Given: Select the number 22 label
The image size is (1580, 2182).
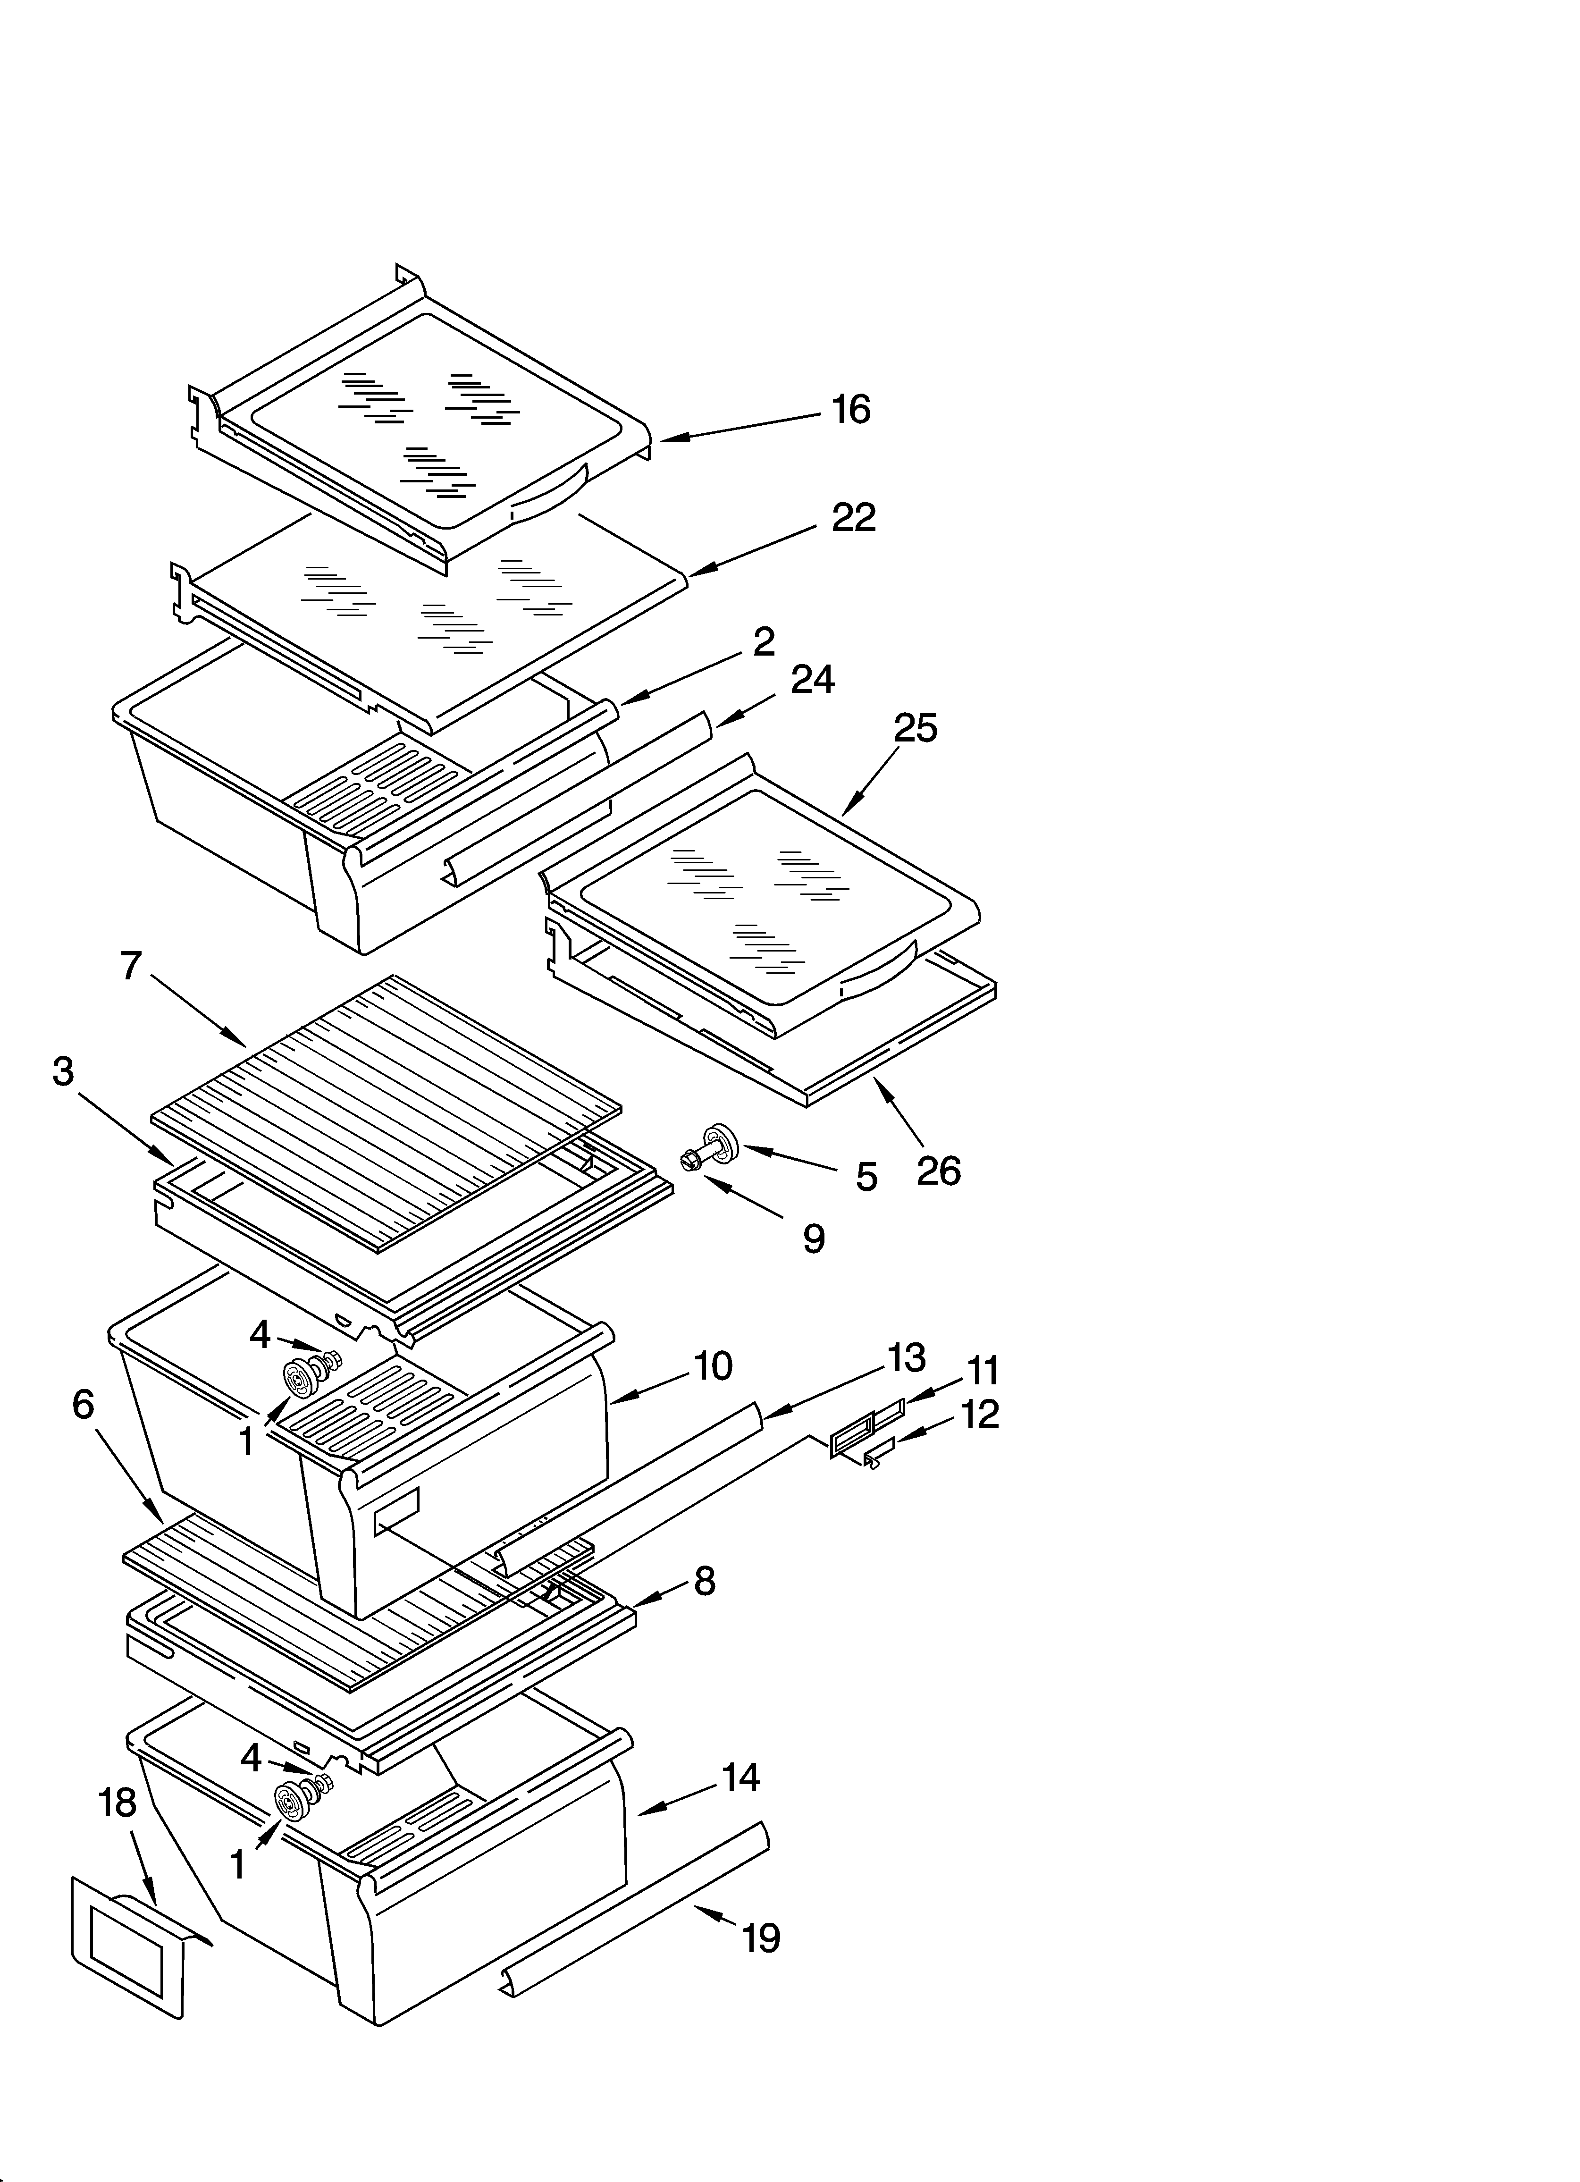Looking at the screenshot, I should [854, 518].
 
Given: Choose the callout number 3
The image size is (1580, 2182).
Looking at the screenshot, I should [64, 1071].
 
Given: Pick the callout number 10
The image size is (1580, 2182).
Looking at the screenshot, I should [713, 1366].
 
